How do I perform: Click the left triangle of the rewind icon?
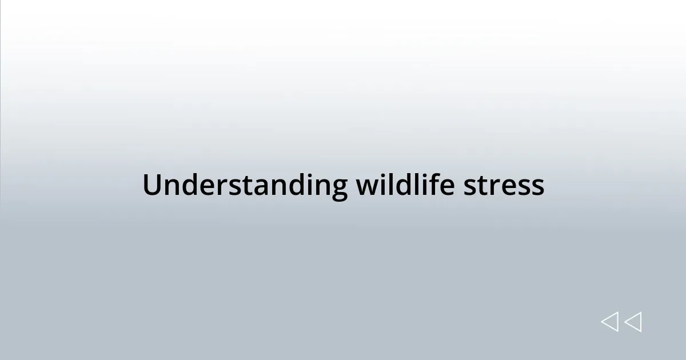click(609, 322)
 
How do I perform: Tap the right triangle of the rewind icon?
click(633, 322)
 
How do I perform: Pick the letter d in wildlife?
click(400, 185)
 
